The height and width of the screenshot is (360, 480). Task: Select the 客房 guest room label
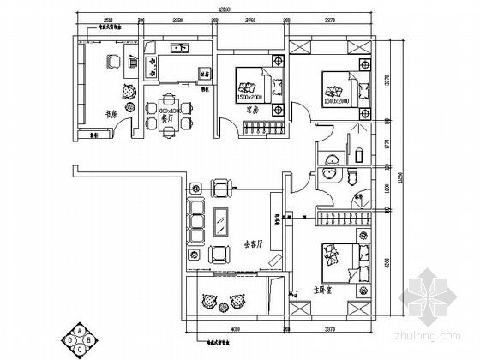(x=253, y=110)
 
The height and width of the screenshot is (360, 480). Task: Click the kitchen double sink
(x=179, y=49)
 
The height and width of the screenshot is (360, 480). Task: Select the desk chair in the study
(x=111, y=62)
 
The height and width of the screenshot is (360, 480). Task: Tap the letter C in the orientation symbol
(x=81, y=348)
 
